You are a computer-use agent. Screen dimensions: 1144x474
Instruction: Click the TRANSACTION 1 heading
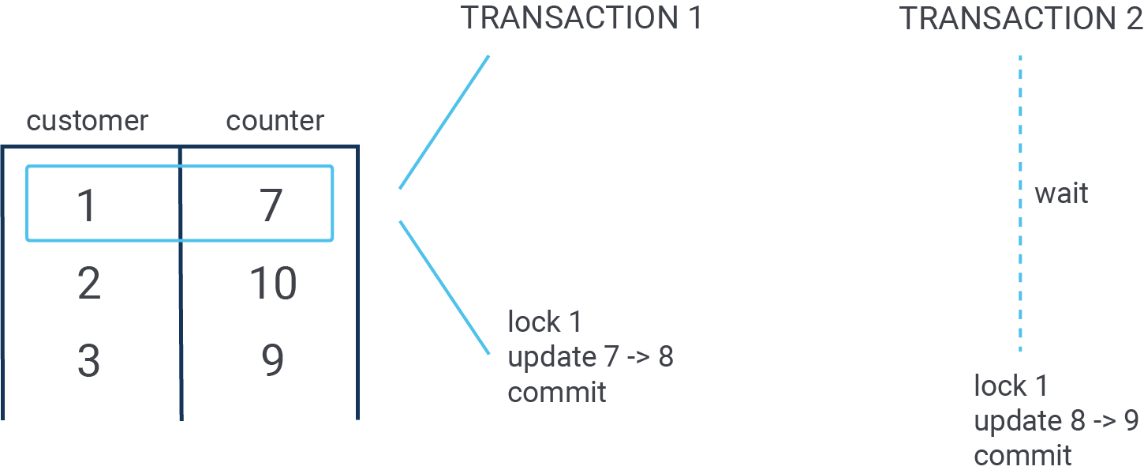581,18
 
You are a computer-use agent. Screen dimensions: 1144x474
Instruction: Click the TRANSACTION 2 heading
1021,18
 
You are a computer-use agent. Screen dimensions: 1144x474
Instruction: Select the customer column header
88,121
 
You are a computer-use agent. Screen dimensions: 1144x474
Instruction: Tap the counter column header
275,121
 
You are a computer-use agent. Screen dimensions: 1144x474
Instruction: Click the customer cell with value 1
87,205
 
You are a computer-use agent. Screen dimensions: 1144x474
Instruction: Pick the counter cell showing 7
271,205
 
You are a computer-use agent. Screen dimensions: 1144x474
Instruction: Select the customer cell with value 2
89,283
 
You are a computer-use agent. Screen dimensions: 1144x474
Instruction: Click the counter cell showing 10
273,283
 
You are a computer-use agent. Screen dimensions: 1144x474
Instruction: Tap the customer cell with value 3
88,360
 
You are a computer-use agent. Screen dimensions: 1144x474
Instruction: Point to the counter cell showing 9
273,360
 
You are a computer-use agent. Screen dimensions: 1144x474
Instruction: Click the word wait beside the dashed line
1061,194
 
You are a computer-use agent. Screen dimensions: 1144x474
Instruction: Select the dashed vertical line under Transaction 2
1020,203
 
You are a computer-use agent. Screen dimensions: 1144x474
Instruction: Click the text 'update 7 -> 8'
590,357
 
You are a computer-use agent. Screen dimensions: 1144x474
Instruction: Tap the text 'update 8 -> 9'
1056,421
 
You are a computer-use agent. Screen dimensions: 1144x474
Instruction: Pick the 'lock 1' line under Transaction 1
544,322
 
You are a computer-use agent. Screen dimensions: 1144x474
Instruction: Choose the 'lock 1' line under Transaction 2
1011,386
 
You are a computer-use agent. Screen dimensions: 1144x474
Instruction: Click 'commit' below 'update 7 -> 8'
557,393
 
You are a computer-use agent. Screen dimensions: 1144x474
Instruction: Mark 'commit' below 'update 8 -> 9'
1022,456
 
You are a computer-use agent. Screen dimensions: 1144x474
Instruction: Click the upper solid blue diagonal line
444,122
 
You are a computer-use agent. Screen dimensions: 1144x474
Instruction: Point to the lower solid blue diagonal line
444,288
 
